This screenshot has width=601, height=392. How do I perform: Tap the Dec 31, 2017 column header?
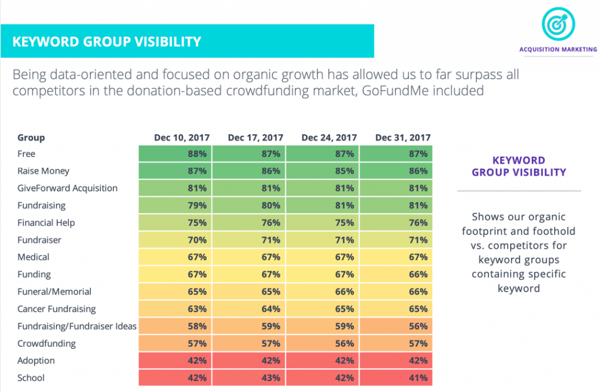(x=403, y=138)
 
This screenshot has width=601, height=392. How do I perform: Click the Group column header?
(x=31, y=138)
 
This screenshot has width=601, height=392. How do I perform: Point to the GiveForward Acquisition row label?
(x=67, y=188)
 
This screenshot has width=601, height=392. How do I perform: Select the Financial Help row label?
(x=46, y=223)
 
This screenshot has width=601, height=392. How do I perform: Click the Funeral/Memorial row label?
(x=55, y=292)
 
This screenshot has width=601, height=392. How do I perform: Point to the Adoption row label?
(x=36, y=361)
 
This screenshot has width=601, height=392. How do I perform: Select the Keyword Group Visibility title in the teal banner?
(x=107, y=41)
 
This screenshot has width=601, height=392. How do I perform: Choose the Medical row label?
(x=34, y=257)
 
